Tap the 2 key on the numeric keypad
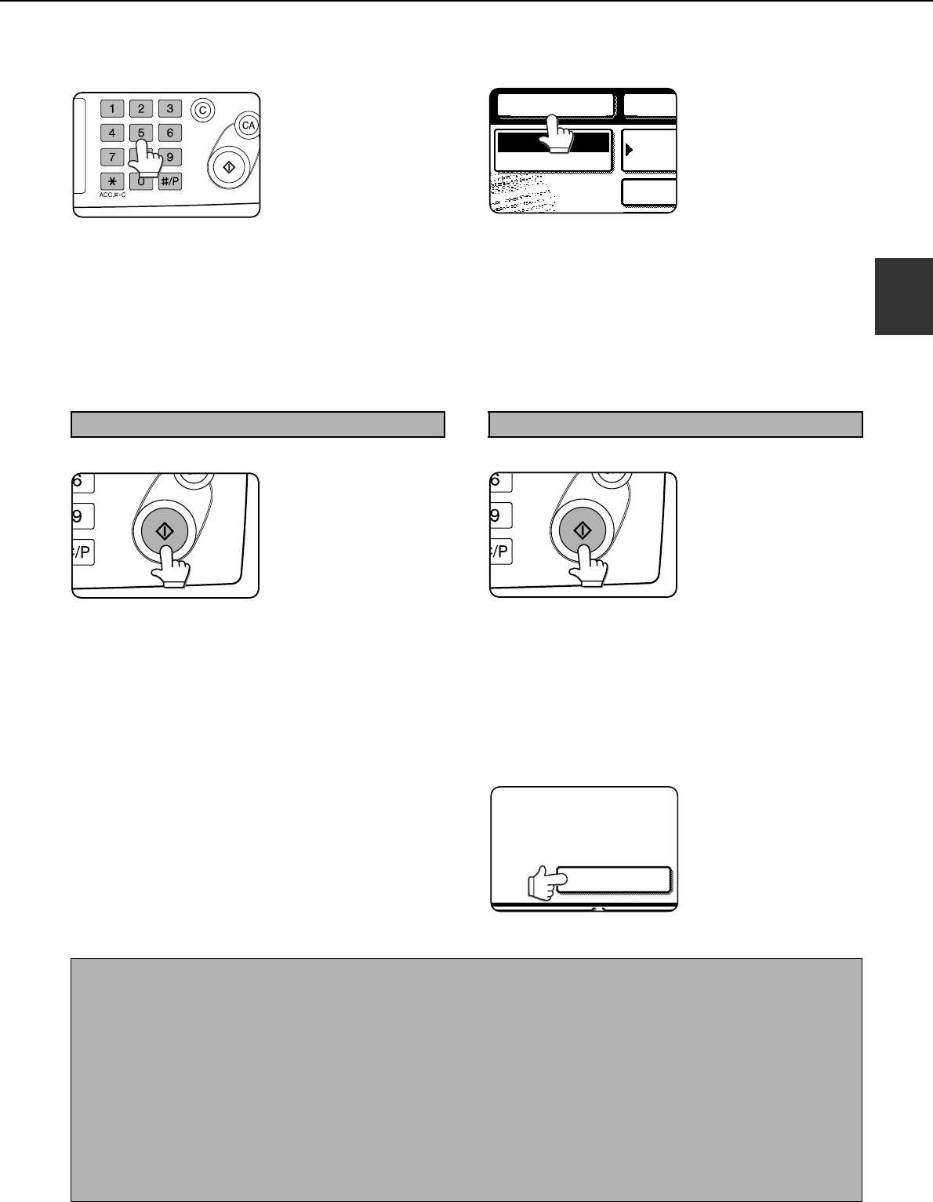(x=141, y=108)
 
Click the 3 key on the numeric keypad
(x=169, y=108)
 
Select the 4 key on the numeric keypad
(x=112, y=133)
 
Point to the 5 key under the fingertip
(x=141, y=133)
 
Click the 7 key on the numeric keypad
(x=112, y=157)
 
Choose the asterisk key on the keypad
(x=112, y=181)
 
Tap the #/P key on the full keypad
(x=169, y=181)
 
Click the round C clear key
(x=202, y=110)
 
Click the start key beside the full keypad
(x=229, y=166)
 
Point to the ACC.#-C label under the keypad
(x=113, y=195)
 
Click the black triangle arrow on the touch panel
(x=629, y=149)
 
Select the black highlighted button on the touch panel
(x=554, y=143)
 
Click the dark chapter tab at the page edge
(x=904, y=296)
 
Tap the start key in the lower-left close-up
(x=165, y=532)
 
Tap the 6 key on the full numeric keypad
(x=169, y=133)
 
